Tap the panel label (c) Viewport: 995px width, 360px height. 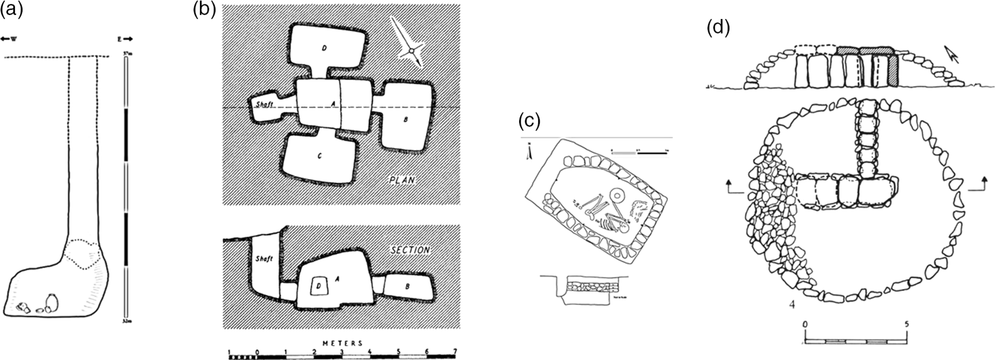[529, 121]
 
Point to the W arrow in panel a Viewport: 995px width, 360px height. [9, 39]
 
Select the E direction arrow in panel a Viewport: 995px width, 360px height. [125, 39]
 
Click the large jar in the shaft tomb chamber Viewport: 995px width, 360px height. [51, 302]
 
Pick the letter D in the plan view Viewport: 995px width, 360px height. [324, 48]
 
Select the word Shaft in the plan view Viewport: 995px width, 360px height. [264, 104]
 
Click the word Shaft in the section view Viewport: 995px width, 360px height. [263, 259]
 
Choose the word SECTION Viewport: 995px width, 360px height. [410, 250]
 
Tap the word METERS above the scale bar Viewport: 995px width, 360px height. [343, 343]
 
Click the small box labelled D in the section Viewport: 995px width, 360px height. [318, 285]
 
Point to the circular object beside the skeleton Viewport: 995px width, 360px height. [617, 195]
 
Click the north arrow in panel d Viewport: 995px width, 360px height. [953, 56]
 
